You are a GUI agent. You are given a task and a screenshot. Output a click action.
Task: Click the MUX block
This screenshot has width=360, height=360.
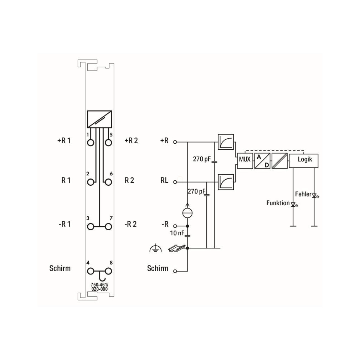(245, 161)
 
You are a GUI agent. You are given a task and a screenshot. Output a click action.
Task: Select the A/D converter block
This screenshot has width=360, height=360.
(262, 161)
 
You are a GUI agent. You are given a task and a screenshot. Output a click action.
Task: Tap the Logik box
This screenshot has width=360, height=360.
(304, 161)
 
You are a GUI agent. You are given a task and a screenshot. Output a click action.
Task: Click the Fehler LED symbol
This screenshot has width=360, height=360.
(315, 196)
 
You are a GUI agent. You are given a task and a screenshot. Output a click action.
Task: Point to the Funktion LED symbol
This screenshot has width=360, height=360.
(293, 204)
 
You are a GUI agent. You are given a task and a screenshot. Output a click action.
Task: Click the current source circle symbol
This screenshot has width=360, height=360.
(187, 213)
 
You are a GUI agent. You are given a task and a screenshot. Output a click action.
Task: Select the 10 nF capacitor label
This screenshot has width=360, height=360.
(177, 233)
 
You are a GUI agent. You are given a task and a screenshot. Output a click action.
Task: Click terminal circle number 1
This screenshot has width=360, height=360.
(91, 143)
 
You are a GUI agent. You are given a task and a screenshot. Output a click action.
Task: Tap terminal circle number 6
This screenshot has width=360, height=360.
(108, 182)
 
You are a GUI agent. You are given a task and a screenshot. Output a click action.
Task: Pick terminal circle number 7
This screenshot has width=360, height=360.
(108, 227)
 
